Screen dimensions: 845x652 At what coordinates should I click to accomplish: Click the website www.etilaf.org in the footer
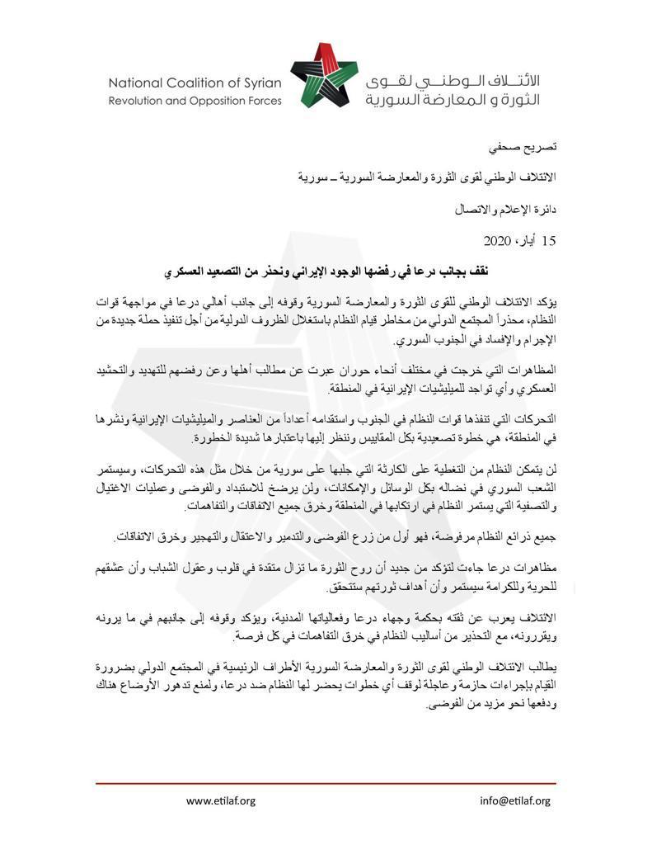point(221,800)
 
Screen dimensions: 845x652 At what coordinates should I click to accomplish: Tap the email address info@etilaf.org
point(514,800)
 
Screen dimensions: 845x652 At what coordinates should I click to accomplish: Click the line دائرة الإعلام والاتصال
point(507,209)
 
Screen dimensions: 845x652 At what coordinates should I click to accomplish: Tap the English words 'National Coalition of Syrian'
point(195,83)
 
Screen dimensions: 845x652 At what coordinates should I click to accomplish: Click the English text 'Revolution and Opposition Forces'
point(195,101)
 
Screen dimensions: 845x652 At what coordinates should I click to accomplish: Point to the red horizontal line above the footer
point(326,783)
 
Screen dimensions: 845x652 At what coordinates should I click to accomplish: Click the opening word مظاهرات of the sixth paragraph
point(536,570)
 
